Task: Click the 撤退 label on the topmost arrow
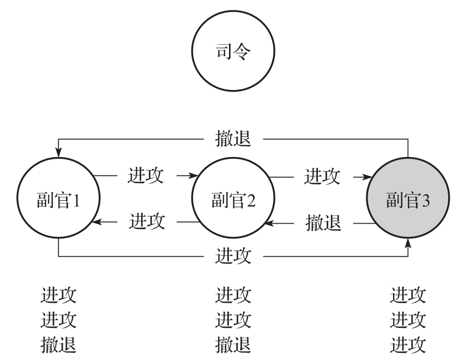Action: point(233,139)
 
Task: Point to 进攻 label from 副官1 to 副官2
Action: point(146,176)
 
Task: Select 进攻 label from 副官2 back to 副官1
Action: point(147,222)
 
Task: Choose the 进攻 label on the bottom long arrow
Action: point(233,255)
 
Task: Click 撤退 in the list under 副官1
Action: point(58,344)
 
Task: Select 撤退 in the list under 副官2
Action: point(233,344)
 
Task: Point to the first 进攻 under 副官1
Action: point(58,296)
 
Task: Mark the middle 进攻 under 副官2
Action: point(233,320)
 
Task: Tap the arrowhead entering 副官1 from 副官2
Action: point(97,222)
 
